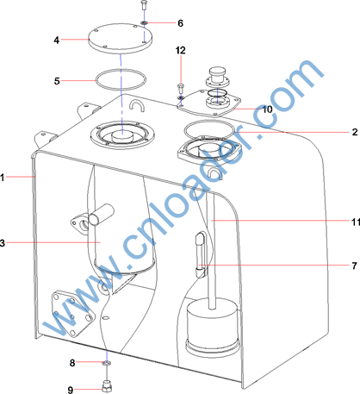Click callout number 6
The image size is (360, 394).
pyautogui.click(x=180, y=23)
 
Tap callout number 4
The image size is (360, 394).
pyautogui.click(x=57, y=40)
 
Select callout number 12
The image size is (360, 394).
pyautogui.click(x=181, y=50)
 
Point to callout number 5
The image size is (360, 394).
pyautogui.click(x=57, y=81)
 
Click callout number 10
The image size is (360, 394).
pyautogui.click(x=267, y=109)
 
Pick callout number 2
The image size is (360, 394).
pyautogui.click(x=355, y=132)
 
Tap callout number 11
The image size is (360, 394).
pyautogui.click(x=356, y=222)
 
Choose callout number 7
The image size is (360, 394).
pyautogui.click(x=355, y=266)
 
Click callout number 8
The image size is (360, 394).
pyautogui.click(x=72, y=363)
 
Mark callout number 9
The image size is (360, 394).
pyautogui.click(x=71, y=390)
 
